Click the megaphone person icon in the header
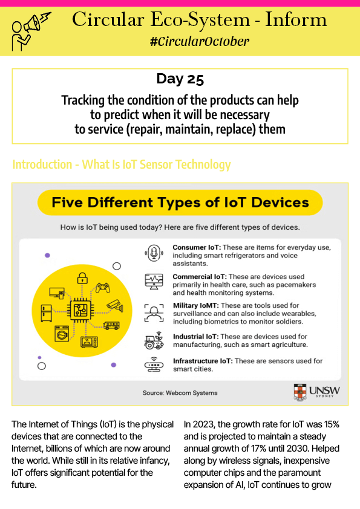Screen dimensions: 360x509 [x=31, y=31]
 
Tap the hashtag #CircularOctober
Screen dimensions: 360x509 [x=200, y=42]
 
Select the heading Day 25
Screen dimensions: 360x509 [x=180, y=79]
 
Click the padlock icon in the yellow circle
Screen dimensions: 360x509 [x=82, y=278]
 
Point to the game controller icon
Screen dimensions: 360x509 [x=102, y=288]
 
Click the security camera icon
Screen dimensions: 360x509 [x=115, y=305]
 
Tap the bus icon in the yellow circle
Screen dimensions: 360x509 [x=111, y=325]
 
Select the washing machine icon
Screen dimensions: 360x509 [x=62, y=334]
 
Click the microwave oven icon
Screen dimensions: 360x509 [x=89, y=342]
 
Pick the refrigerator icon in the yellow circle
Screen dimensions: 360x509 [x=46, y=313]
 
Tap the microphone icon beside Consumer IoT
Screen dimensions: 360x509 [x=154, y=253]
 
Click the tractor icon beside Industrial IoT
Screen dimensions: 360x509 [x=154, y=340]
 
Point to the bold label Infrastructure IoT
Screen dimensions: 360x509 [x=203, y=361]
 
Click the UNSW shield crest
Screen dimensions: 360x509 [x=300, y=392]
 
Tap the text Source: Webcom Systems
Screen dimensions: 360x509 [x=180, y=393]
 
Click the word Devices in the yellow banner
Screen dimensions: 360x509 [x=280, y=203]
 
